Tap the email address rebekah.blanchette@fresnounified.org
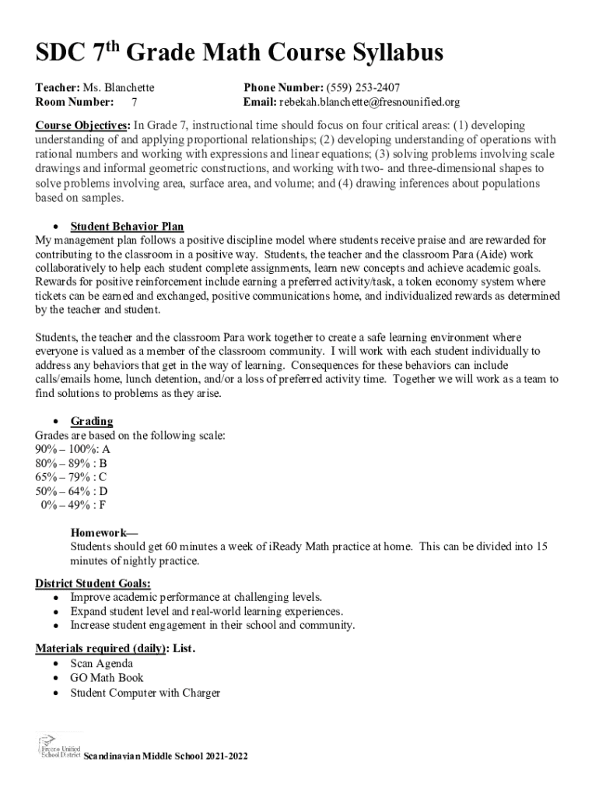(370, 102)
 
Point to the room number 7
(135, 102)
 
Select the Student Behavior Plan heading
(127, 226)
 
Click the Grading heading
(92, 421)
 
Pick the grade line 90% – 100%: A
(72, 449)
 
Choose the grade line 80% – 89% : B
(72, 463)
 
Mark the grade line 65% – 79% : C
(72, 477)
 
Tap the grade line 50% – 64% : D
(72, 491)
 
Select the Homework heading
(103, 533)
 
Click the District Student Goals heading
(93, 583)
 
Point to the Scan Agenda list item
(101, 663)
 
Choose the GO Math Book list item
(107, 678)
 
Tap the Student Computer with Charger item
(145, 692)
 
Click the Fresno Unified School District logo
(57, 746)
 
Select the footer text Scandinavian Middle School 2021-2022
(165, 756)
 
